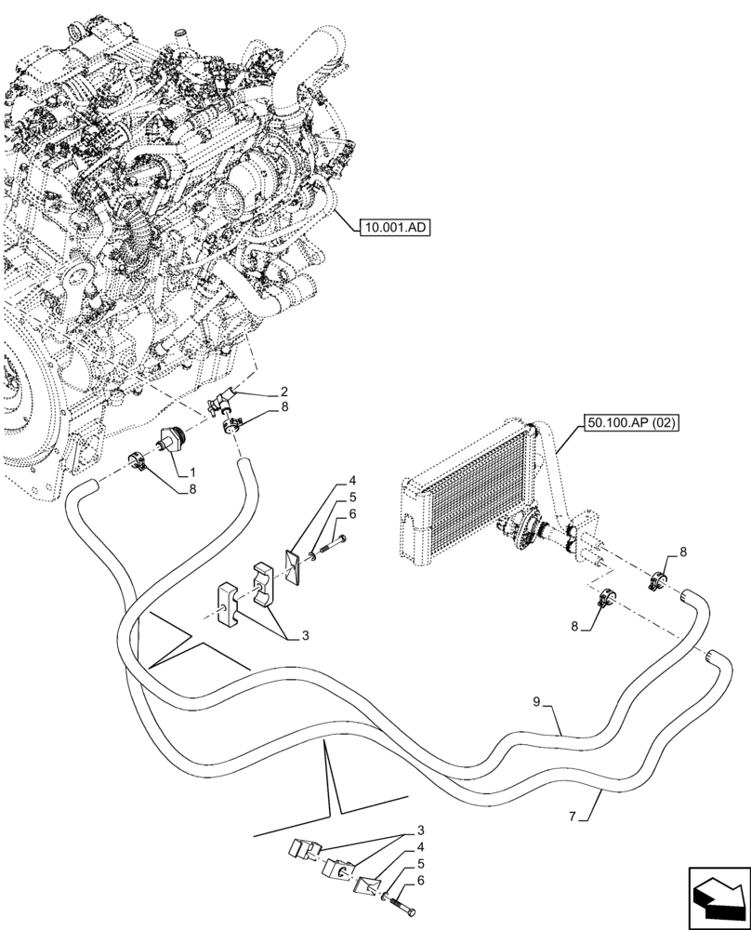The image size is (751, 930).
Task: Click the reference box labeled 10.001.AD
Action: click(x=393, y=226)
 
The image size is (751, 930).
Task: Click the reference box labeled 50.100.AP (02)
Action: click(x=633, y=423)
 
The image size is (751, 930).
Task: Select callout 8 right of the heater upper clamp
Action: click(x=684, y=551)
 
